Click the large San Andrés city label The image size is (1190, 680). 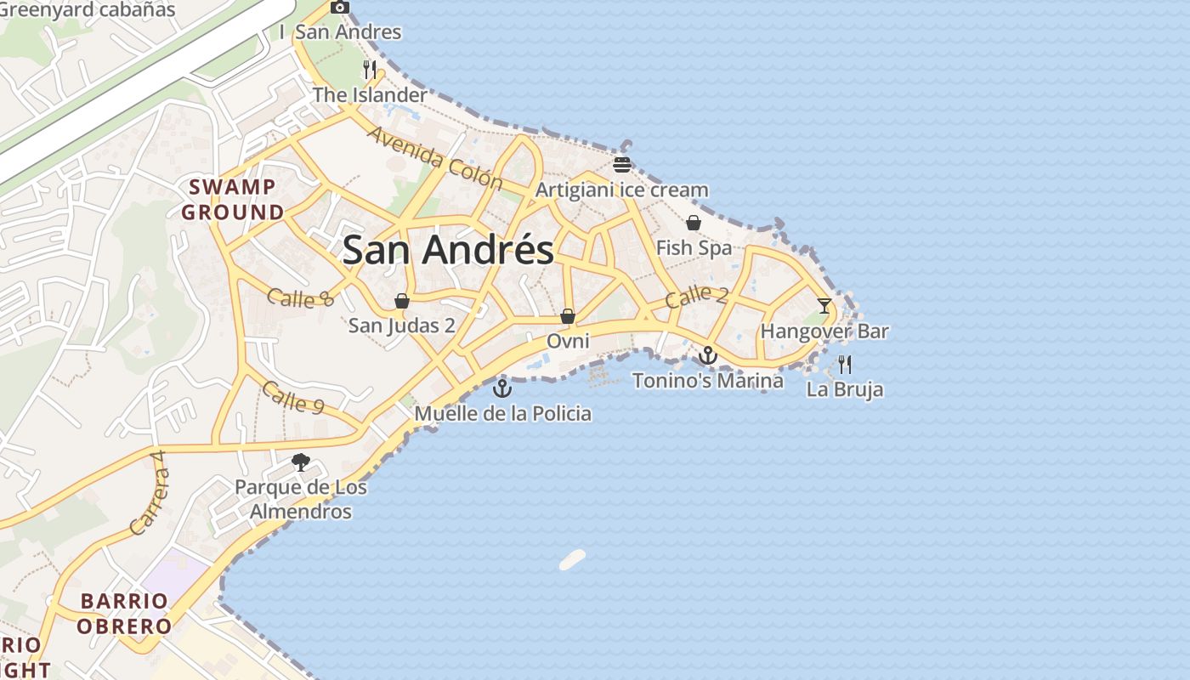tap(448, 250)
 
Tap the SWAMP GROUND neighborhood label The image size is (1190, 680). tap(232, 200)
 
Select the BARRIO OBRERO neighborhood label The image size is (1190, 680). tap(124, 614)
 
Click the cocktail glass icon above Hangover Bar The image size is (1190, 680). tap(824, 305)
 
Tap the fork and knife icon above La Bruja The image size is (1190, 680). tap(844, 365)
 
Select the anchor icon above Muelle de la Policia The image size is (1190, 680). tap(502, 388)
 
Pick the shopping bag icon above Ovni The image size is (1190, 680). tap(568, 316)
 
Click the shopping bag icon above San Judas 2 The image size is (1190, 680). tap(402, 301)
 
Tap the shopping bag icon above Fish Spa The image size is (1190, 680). tap(694, 223)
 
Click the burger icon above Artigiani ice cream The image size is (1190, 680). tap(622, 164)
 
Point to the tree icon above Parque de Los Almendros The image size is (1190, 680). tap(300, 462)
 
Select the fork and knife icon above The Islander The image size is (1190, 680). tap(370, 69)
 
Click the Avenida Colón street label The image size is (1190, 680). tap(435, 157)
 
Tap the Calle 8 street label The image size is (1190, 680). tap(300, 297)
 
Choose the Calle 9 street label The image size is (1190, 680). tap(293, 397)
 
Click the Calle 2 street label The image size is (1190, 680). tap(696, 297)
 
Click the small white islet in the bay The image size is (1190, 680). tap(572, 559)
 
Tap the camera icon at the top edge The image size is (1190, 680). tap(340, 7)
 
